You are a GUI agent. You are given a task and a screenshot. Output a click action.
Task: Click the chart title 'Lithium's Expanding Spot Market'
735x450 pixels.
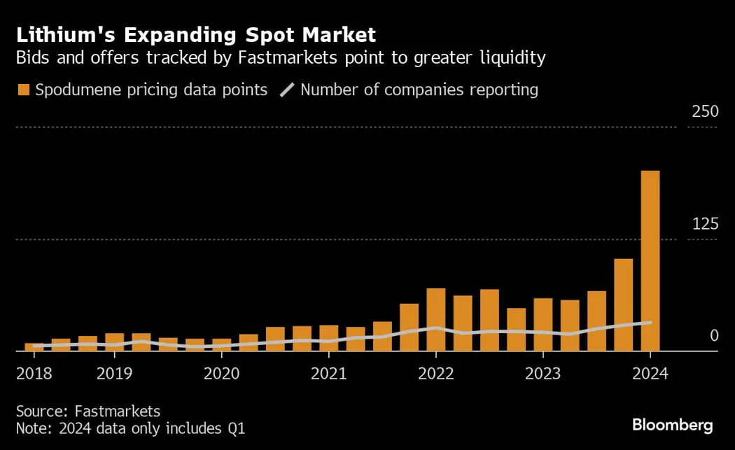[196, 34]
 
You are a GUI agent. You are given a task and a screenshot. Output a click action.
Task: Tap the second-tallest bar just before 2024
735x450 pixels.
[623, 304]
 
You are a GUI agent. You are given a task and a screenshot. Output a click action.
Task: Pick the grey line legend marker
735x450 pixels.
[287, 90]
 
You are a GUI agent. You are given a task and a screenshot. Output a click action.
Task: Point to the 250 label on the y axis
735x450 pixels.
[705, 112]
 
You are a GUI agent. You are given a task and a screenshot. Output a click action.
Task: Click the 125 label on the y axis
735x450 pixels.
[705, 224]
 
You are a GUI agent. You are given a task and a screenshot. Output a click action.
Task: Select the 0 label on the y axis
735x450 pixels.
[714, 336]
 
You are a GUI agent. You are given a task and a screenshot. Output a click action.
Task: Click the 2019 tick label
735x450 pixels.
[114, 373]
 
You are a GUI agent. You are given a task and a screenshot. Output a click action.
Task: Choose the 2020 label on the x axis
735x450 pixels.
[221, 373]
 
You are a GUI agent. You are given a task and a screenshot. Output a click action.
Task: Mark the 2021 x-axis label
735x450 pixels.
[328, 373]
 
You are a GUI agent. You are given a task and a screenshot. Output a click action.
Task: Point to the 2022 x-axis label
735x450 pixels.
[435, 373]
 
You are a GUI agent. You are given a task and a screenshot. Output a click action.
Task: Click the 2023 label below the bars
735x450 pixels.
[542, 373]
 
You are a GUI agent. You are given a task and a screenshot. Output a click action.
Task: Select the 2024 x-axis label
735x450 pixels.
[650, 373]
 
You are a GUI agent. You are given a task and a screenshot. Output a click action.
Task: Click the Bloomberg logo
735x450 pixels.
[672, 425]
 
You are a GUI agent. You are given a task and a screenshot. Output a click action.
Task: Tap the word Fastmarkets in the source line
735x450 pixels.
[113, 411]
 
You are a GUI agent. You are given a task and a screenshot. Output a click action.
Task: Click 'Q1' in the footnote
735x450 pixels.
[236, 428]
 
